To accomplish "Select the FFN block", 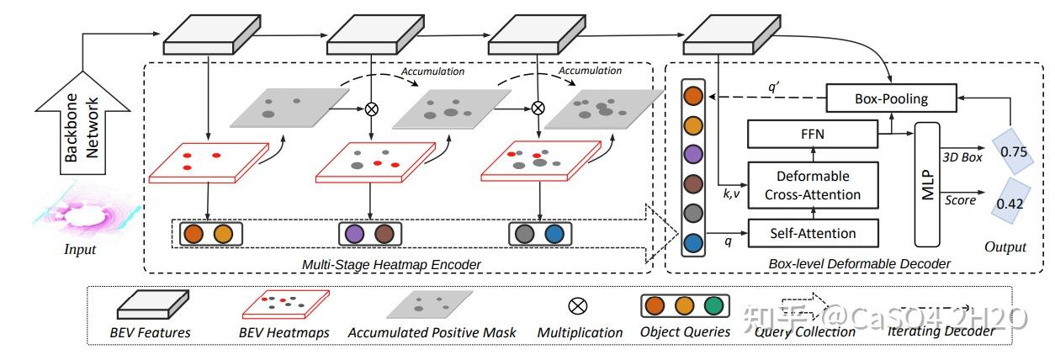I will [812, 134].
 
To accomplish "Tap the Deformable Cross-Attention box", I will [812, 185].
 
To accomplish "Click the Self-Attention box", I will [812, 232].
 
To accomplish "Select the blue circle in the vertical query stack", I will [692, 242].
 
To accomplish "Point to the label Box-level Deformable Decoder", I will [859, 264].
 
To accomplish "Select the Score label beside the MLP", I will [961, 200].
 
